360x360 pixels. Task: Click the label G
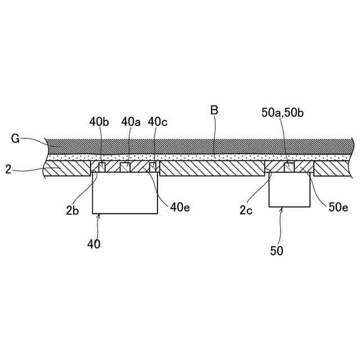pyautogui.click(x=15, y=138)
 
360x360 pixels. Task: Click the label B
pyautogui.click(x=214, y=111)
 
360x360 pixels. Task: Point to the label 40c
pyautogui.click(x=157, y=121)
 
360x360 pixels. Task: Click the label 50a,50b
pyautogui.click(x=283, y=112)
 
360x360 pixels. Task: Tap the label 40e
pyautogui.click(x=181, y=208)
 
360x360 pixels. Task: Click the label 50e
pyautogui.click(x=337, y=208)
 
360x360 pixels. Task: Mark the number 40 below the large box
pyautogui.click(x=94, y=244)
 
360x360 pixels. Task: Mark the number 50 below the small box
pyautogui.click(x=277, y=250)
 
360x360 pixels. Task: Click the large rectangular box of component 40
pyautogui.click(x=125, y=194)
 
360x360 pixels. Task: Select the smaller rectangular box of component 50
pyautogui.click(x=289, y=191)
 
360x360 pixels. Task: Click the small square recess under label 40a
pyautogui.click(x=126, y=166)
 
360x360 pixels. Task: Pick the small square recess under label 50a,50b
pyautogui.click(x=289, y=166)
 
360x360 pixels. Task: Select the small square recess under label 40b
pyautogui.click(x=102, y=166)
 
